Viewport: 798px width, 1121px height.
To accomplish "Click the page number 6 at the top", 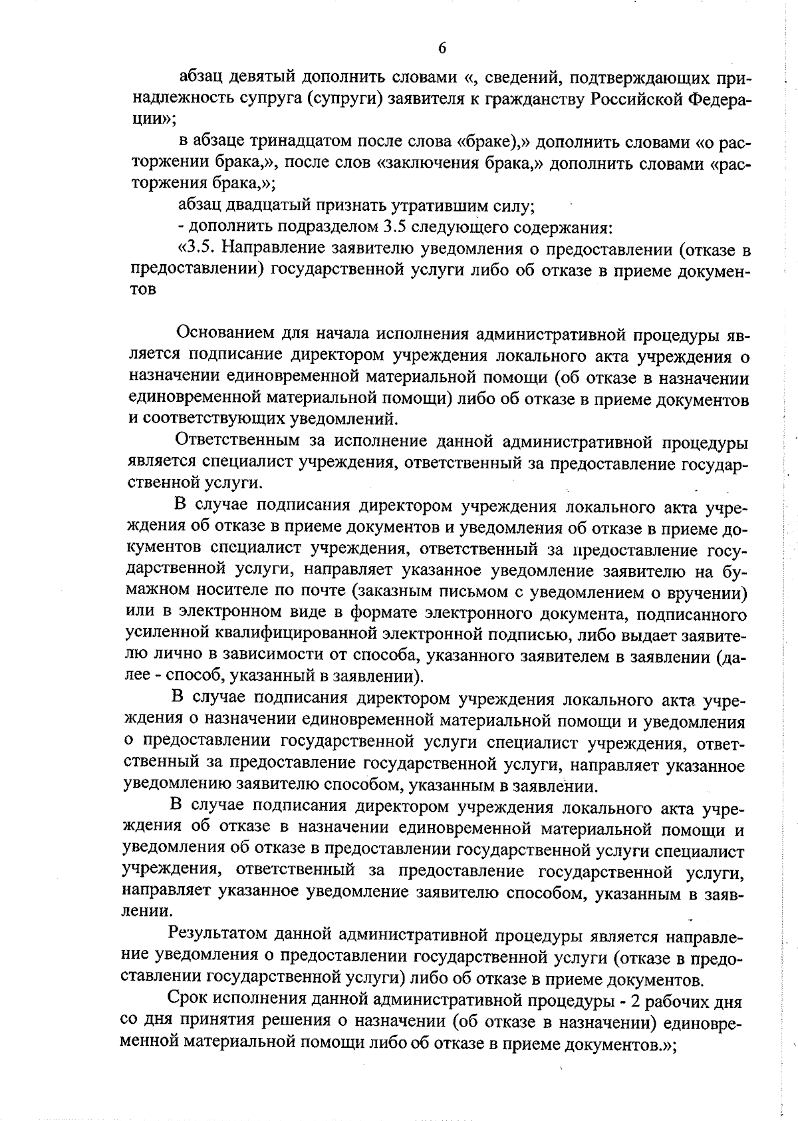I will (442, 47).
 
